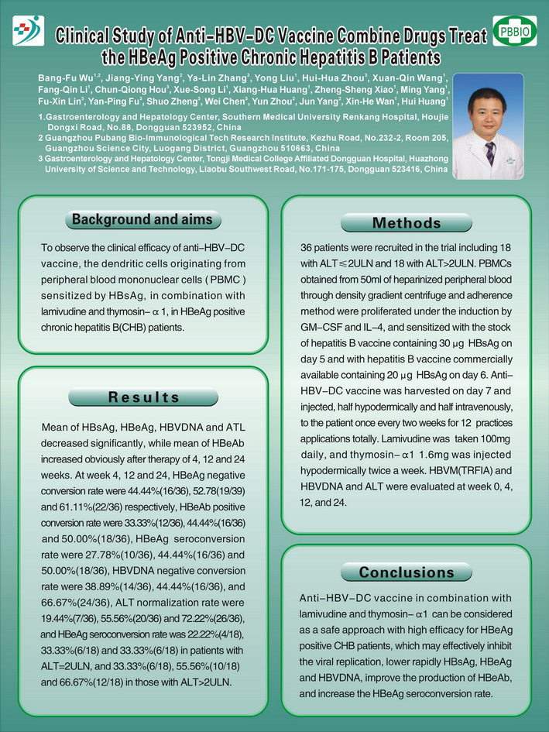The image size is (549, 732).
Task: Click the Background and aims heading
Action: click(x=142, y=220)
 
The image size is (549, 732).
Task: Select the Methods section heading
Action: click(x=407, y=224)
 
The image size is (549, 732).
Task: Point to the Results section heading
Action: click(x=143, y=397)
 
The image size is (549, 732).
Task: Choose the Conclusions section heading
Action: click(x=407, y=572)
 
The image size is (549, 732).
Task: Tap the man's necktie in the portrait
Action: click(x=489, y=153)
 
